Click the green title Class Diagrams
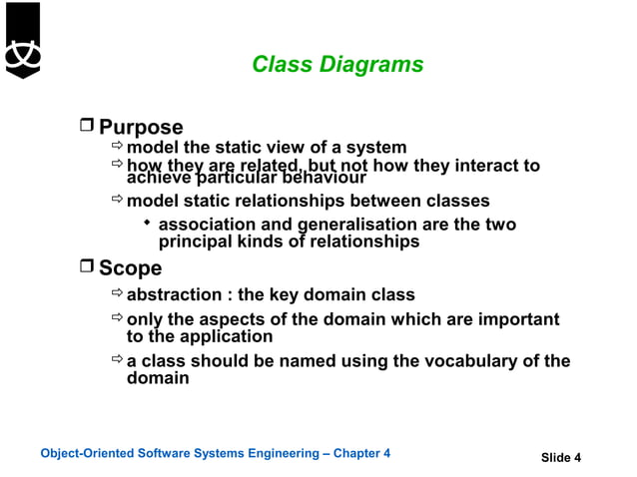pyautogui.click(x=337, y=65)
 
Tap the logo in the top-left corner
pyautogui.click(x=21, y=40)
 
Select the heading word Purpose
pyautogui.click(x=141, y=127)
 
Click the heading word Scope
pyautogui.click(x=130, y=268)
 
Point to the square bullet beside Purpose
pyautogui.click(x=87, y=126)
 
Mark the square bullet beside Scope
pyautogui.click(x=87, y=267)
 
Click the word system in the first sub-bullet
pyautogui.click(x=375, y=148)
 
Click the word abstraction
pyautogui.click(x=174, y=294)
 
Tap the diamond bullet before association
pyautogui.click(x=147, y=222)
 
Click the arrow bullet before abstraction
pyautogui.click(x=117, y=293)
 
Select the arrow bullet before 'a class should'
pyautogui.click(x=117, y=360)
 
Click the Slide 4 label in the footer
pyautogui.click(x=560, y=458)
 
